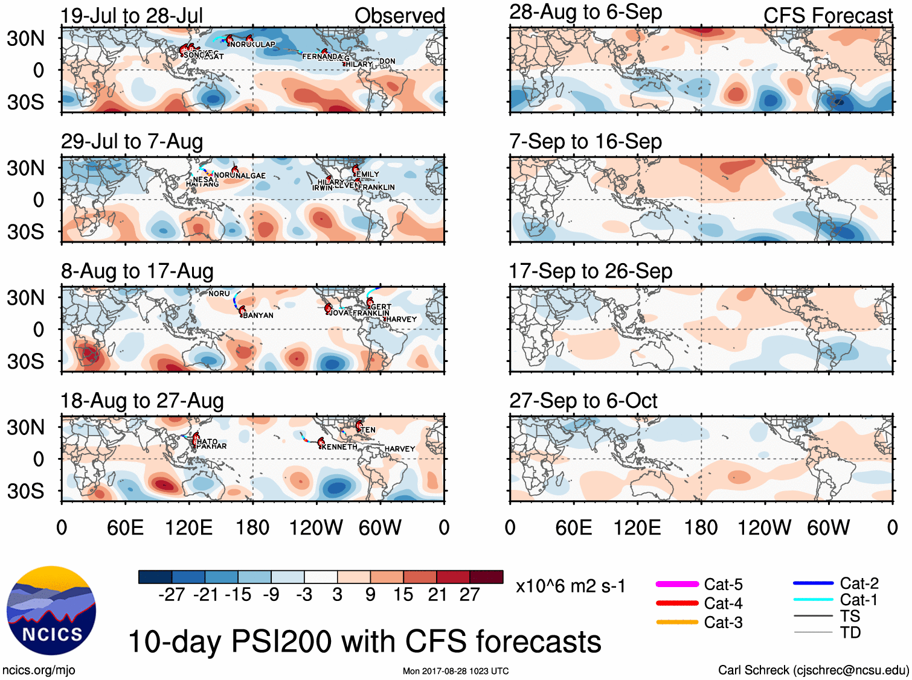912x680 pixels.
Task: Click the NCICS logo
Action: [51, 610]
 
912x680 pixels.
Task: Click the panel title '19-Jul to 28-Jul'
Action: [132, 16]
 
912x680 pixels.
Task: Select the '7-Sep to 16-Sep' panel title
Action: [585, 142]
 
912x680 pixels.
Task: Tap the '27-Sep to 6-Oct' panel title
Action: [583, 401]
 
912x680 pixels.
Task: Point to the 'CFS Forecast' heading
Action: [827, 16]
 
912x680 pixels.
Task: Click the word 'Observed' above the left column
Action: [399, 16]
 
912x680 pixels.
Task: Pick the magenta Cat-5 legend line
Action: [677, 584]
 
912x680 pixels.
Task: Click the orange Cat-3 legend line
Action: [677, 622]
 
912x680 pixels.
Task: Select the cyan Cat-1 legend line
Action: [813, 600]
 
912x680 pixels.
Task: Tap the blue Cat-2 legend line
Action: [813, 583]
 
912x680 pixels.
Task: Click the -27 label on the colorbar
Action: [172, 595]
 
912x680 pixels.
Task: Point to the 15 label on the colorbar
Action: [403, 595]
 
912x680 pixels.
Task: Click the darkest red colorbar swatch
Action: [486, 577]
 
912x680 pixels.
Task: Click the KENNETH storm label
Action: [339, 447]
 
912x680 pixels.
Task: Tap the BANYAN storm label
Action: [258, 316]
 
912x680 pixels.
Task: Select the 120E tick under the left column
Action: [188, 528]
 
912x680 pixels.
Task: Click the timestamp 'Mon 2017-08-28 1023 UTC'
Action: [455, 671]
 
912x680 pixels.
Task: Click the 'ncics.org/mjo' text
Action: [39, 670]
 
